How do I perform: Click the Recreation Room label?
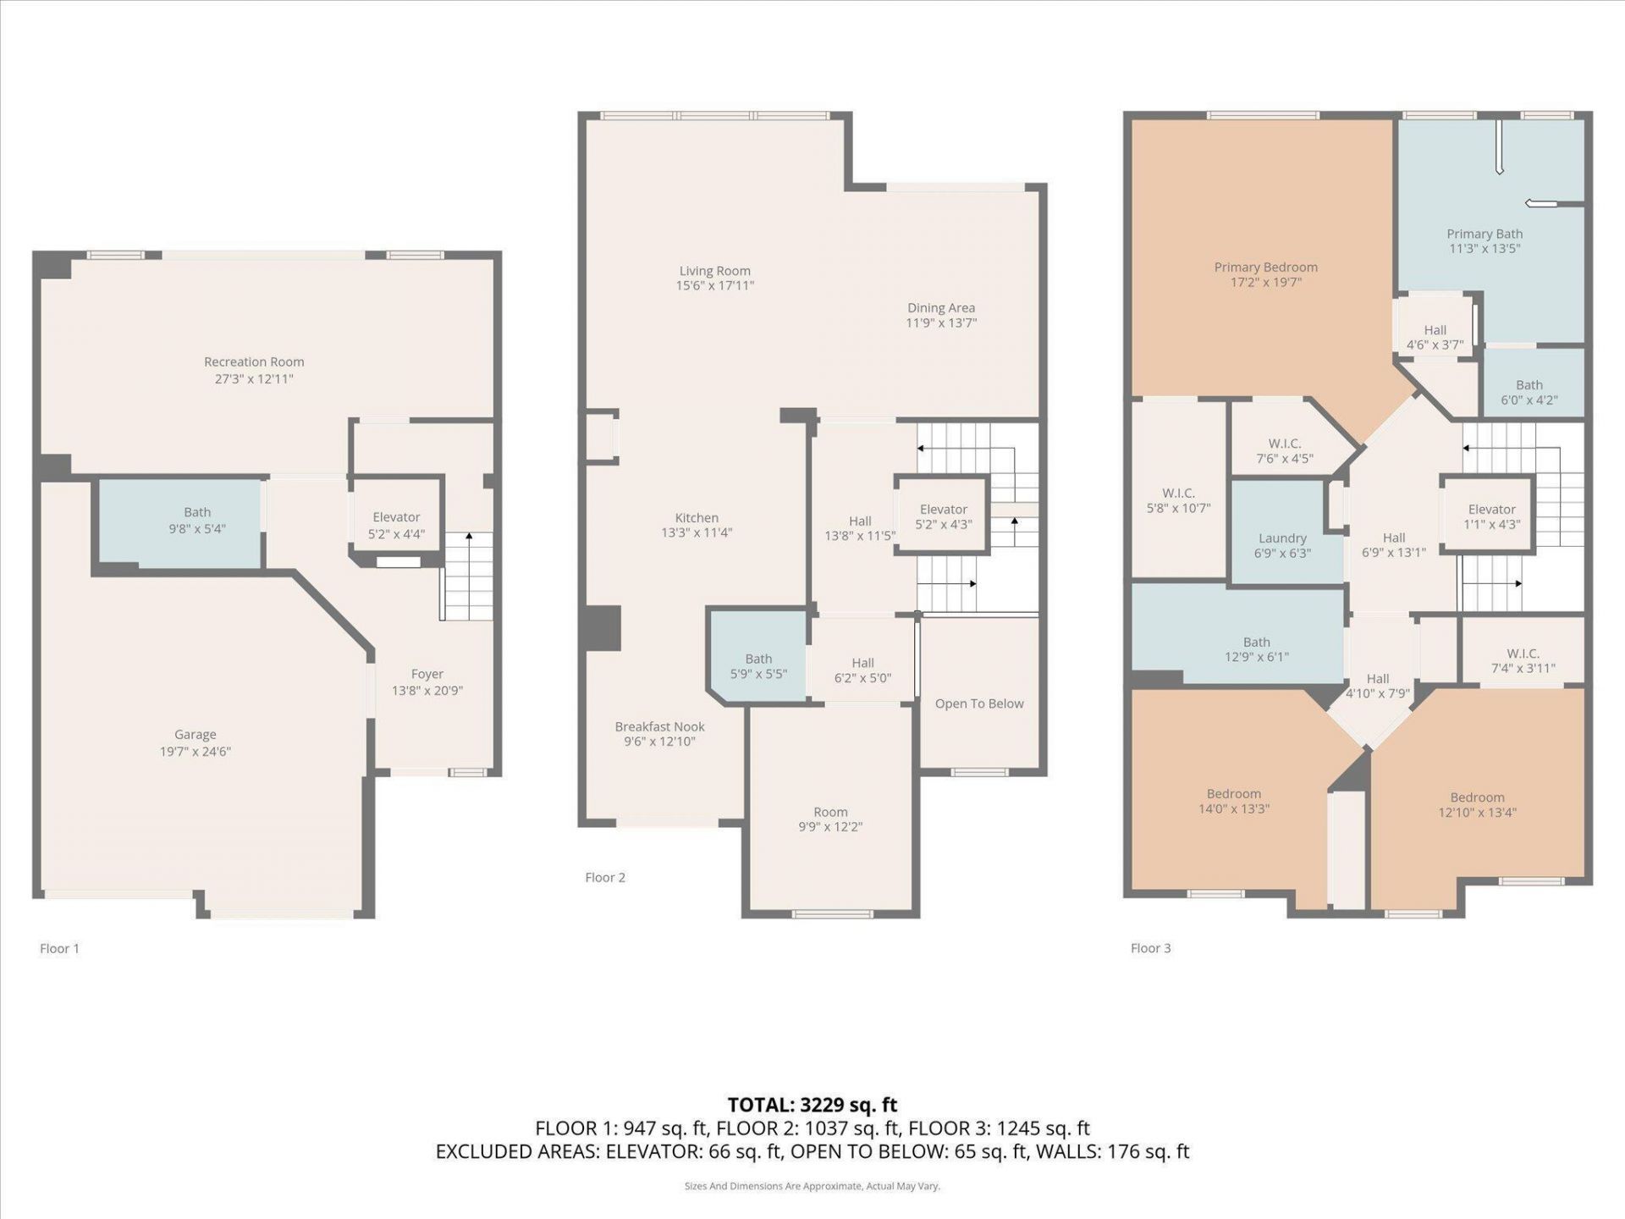[x=254, y=362]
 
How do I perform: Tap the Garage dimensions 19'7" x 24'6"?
[x=196, y=752]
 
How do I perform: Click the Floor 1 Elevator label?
[x=396, y=517]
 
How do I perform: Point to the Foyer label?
[x=427, y=675]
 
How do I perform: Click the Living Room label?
[x=714, y=271]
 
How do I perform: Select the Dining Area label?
[x=941, y=308]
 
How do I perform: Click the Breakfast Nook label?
[x=659, y=727]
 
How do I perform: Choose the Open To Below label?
[x=979, y=704]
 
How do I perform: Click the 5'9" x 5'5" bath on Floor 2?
[x=758, y=666]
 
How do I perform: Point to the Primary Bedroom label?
[x=1265, y=268]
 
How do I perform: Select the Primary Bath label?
[x=1485, y=234]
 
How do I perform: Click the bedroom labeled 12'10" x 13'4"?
[x=1477, y=805]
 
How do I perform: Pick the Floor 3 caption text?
[x=1150, y=948]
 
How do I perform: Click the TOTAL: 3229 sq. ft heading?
[x=812, y=1105]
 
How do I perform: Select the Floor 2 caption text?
[x=605, y=878]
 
